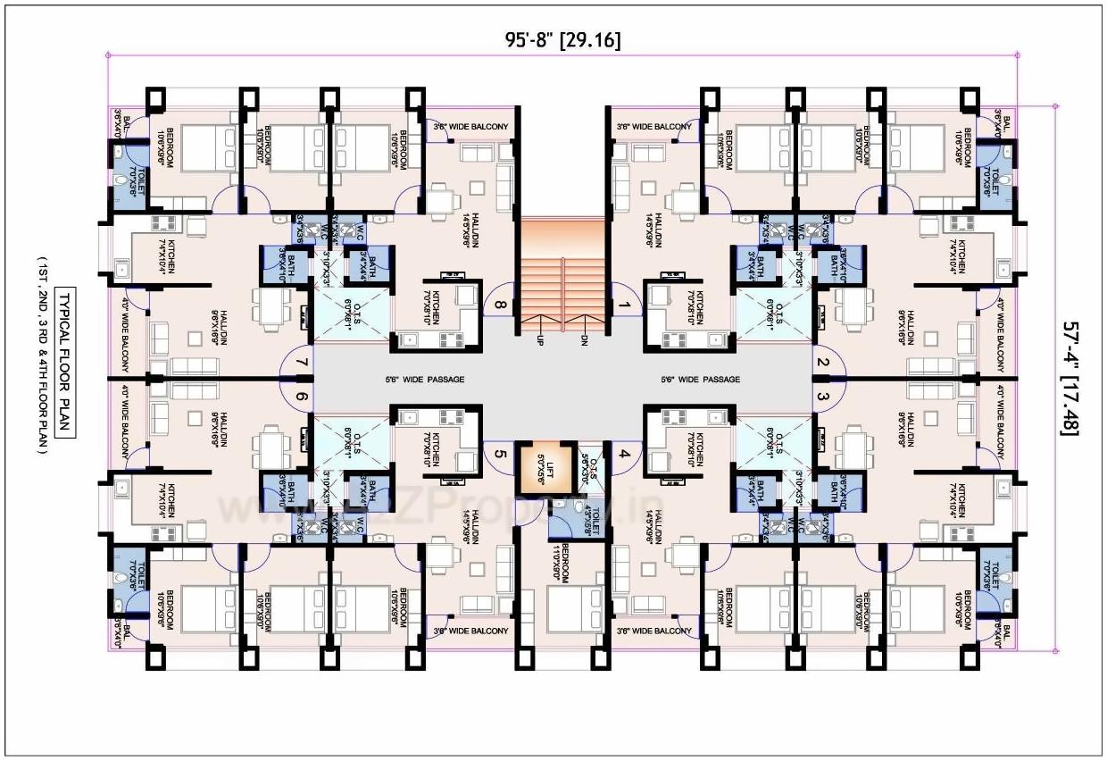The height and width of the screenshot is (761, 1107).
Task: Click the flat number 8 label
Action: (x=499, y=306)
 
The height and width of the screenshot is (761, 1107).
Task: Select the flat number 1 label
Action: (x=625, y=306)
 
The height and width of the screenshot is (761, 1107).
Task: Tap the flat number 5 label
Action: (x=499, y=454)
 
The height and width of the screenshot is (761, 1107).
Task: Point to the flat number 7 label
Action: (x=302, y=363)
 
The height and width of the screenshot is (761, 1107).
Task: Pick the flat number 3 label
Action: (x=823, y=397)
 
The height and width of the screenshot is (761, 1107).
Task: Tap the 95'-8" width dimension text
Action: (x=562, y=39)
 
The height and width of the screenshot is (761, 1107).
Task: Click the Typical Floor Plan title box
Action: (x=63, y=363)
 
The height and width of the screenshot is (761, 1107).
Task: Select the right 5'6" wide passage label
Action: (x=700, y=380)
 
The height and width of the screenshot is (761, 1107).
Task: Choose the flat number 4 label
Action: (x=625, y=454)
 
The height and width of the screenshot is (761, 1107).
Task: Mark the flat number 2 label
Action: (x=823, y=363)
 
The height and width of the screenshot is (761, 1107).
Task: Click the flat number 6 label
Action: (x=302, y=397)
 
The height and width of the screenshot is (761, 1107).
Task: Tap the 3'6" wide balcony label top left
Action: (x=470, y=127)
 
